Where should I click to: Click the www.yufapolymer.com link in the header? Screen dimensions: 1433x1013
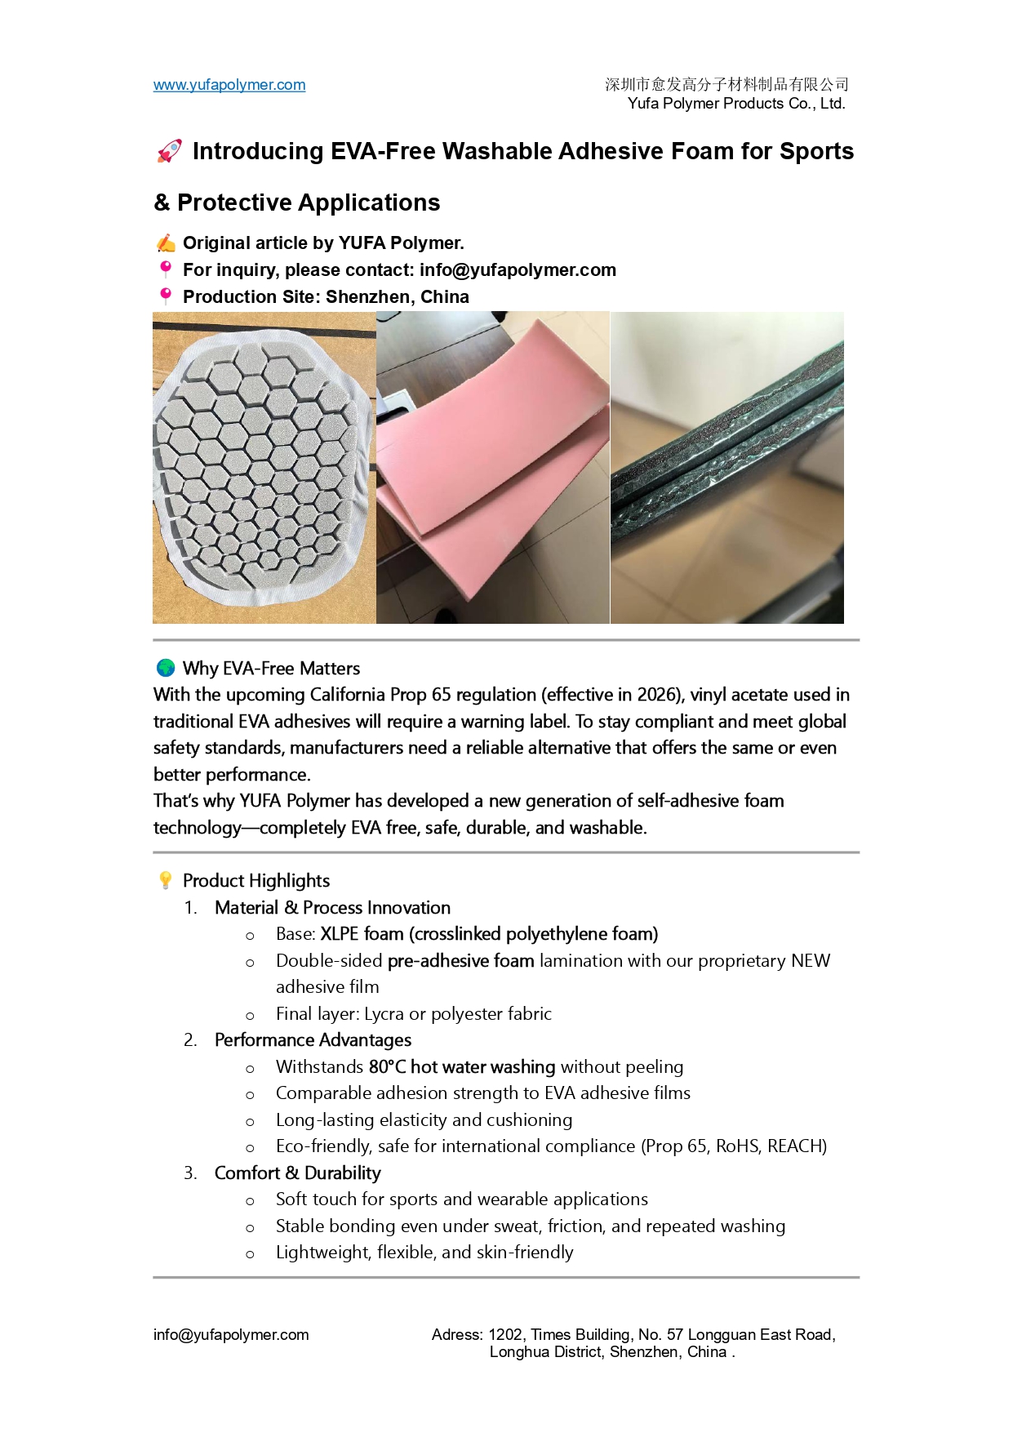tap(229, 85)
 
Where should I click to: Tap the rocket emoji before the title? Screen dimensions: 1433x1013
tap(169, 151)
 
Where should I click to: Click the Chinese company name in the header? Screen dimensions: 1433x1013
tap(726, 84)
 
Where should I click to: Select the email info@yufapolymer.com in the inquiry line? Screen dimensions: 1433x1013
tap(518, 270)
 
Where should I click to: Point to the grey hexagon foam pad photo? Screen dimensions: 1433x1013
tap(264, 468)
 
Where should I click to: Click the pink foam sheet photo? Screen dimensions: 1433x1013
tap(492, 468)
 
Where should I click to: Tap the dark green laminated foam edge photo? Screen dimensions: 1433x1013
tap(727, 468)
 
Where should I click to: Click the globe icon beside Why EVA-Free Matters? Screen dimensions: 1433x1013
tap(166, 668)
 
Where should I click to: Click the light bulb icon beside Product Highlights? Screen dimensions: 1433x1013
tap(166, 880)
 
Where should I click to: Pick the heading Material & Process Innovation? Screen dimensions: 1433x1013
tap(332, 908)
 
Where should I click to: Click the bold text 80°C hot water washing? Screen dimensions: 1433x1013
tap(462, 1067)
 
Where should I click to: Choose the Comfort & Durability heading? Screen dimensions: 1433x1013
tap(298, 1173)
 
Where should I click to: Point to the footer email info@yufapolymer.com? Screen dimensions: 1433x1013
tap(231, 1335)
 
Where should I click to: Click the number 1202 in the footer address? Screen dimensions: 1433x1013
tap(505, 1335)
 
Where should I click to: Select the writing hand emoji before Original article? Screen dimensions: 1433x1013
tap(166, 243)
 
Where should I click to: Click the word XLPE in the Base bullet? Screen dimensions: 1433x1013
tap(339, 934)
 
